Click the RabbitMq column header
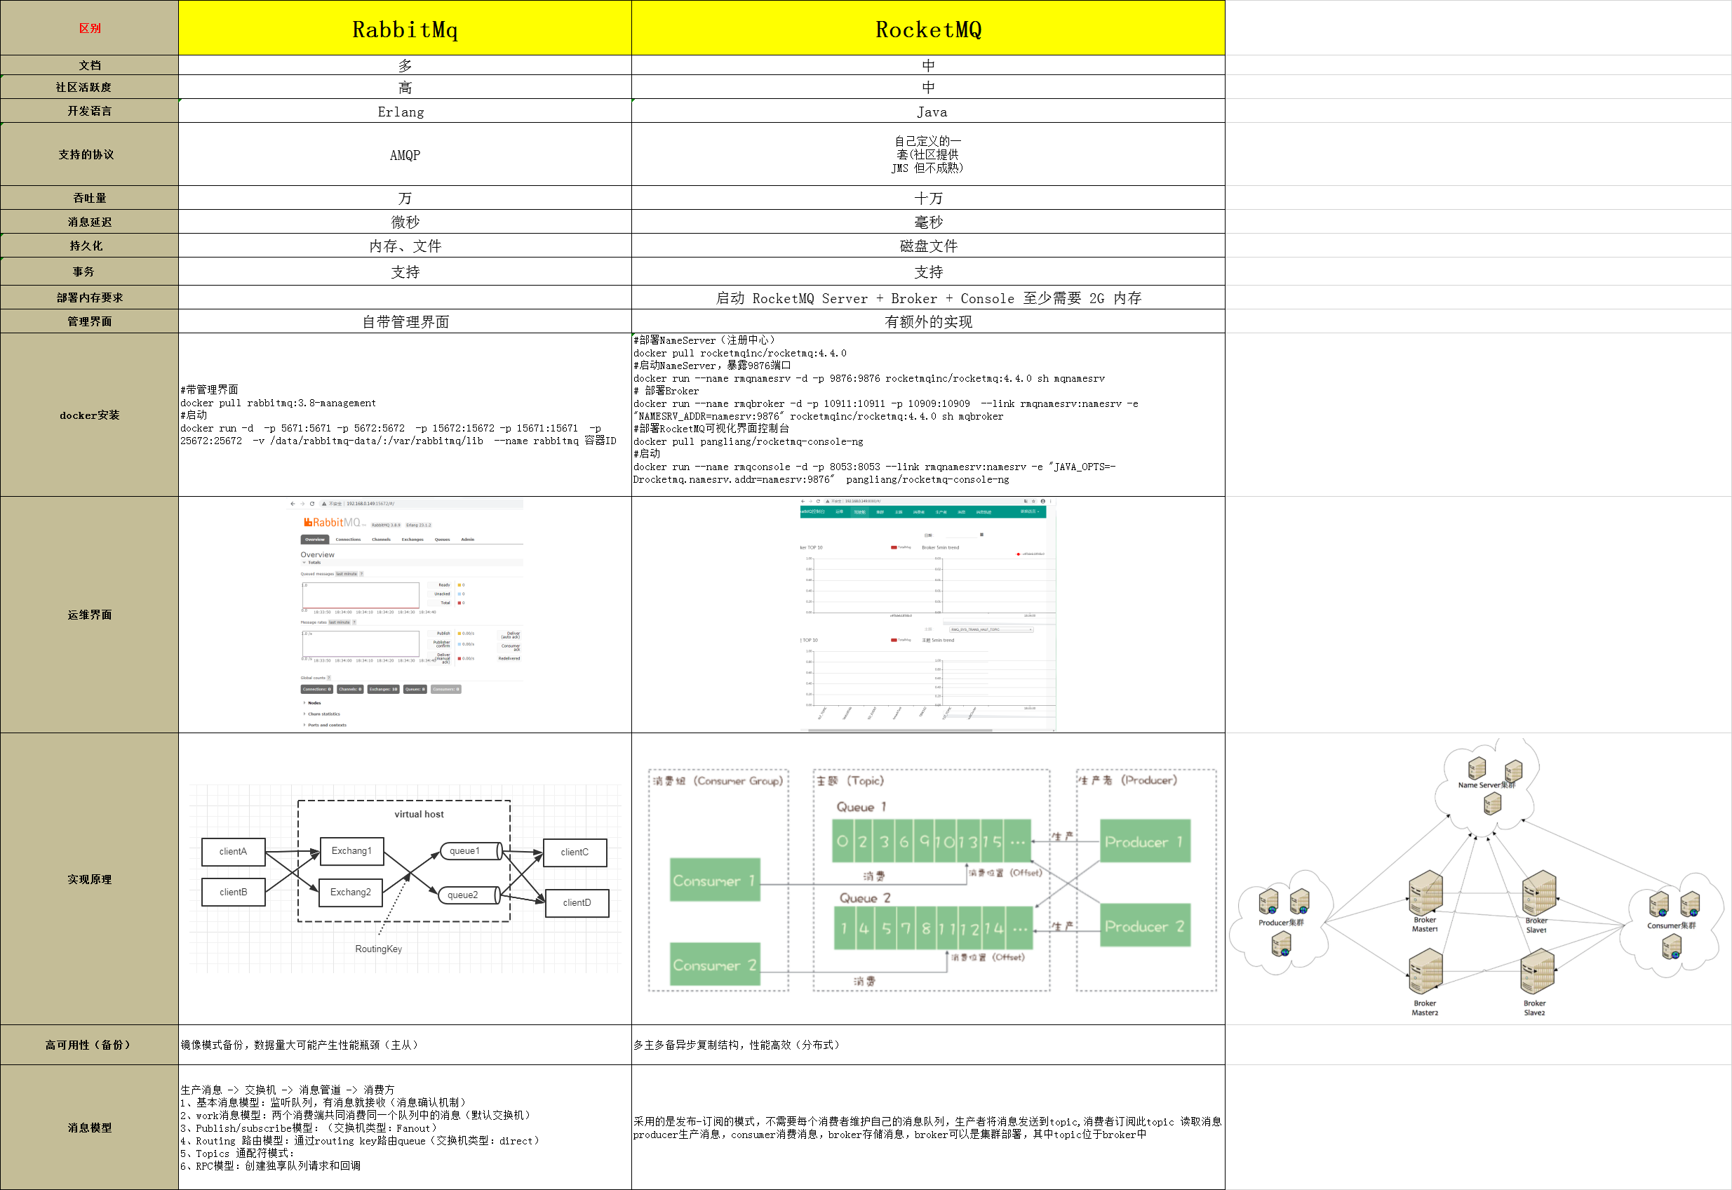coord(405,29)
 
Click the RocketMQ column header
coord(928,29)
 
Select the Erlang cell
coord(401,112)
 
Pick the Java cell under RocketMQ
coord(932,112)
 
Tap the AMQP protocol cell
coord(405,155)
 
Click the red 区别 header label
coord(89,28)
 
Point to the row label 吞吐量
coord(89,199)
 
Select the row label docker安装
coord(89,415)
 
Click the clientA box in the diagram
coord(234,852)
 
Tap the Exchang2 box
coord(350,892)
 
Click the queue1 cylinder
coord(465,850)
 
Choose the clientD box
coord(577,903)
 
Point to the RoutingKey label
coord(379,949)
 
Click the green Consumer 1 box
coord(714,881)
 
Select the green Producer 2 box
coord(1144,926)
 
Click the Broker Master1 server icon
coord(1425,893)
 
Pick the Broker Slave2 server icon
coord(1537,972)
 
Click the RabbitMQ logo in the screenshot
coord(332,523)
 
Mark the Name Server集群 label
coord(1486,785)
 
